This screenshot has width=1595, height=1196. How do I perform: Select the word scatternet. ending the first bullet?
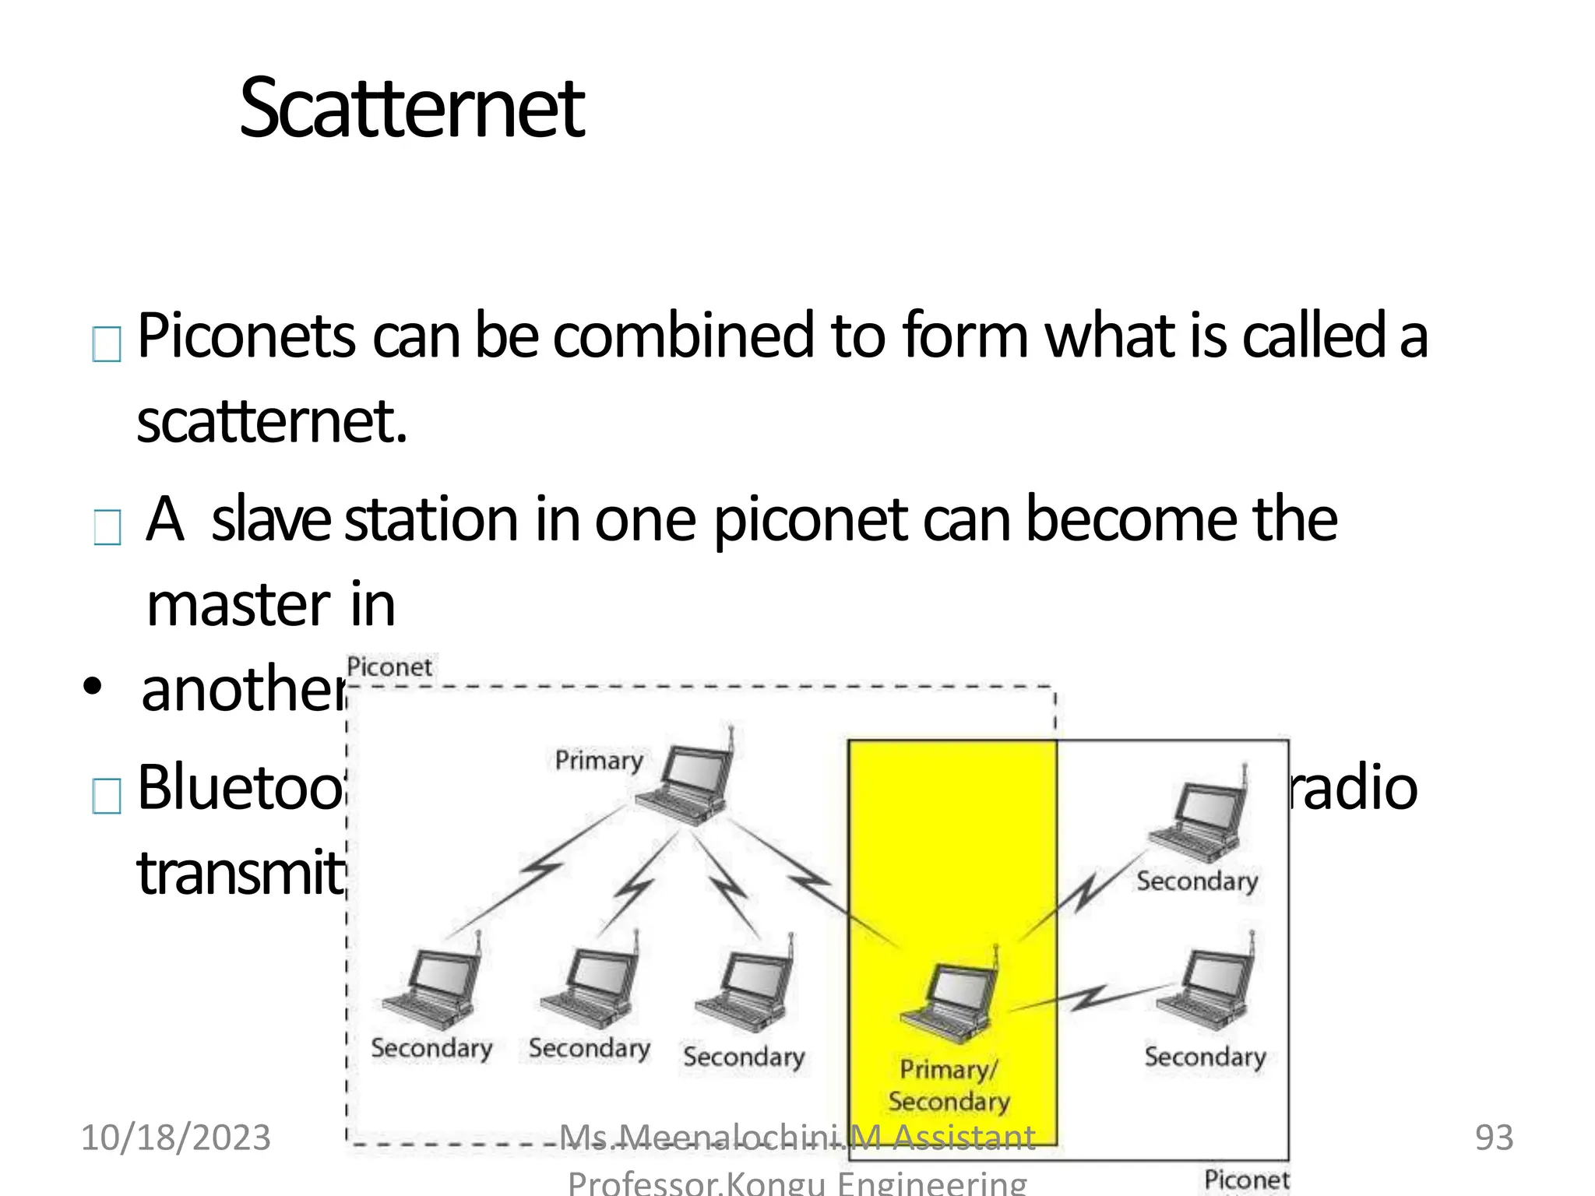coord(272,421)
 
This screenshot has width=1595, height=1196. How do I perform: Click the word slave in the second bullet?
coord(271,519)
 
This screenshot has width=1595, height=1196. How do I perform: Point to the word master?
coord(238,605)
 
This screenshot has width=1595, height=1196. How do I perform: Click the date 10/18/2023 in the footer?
coord(176,1138)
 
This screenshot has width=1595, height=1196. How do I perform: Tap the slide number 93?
coord(1494,1138)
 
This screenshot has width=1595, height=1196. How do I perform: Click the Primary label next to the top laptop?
coord(598,760)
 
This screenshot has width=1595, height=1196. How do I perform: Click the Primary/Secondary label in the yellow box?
coord(949,1085)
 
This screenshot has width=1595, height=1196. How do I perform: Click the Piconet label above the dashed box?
coord(389,667)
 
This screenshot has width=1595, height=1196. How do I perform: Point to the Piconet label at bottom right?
coord(1246,1179)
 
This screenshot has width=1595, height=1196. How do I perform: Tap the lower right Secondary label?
coord(1205,1057)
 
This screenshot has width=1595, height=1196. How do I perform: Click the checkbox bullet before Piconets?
coord(107,344)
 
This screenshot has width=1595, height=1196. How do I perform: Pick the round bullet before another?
coord(93,687)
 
